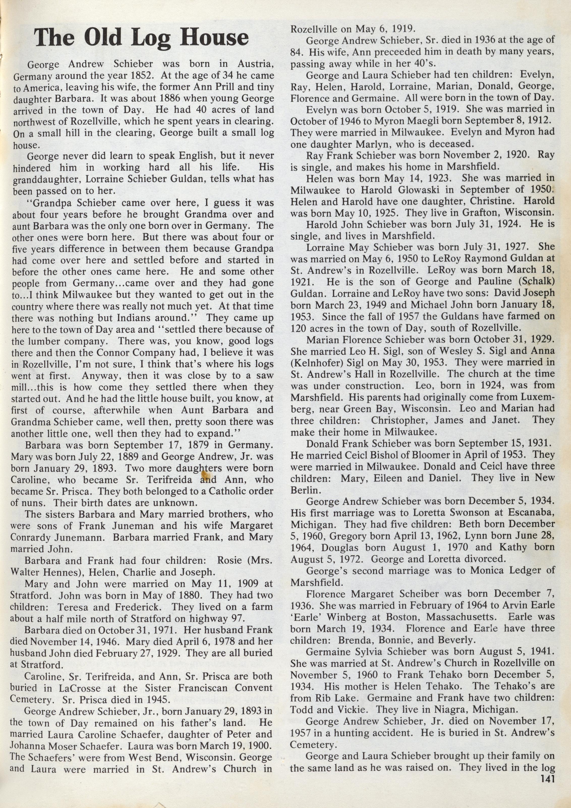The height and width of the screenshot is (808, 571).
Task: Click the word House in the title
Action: tap(214, 37)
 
